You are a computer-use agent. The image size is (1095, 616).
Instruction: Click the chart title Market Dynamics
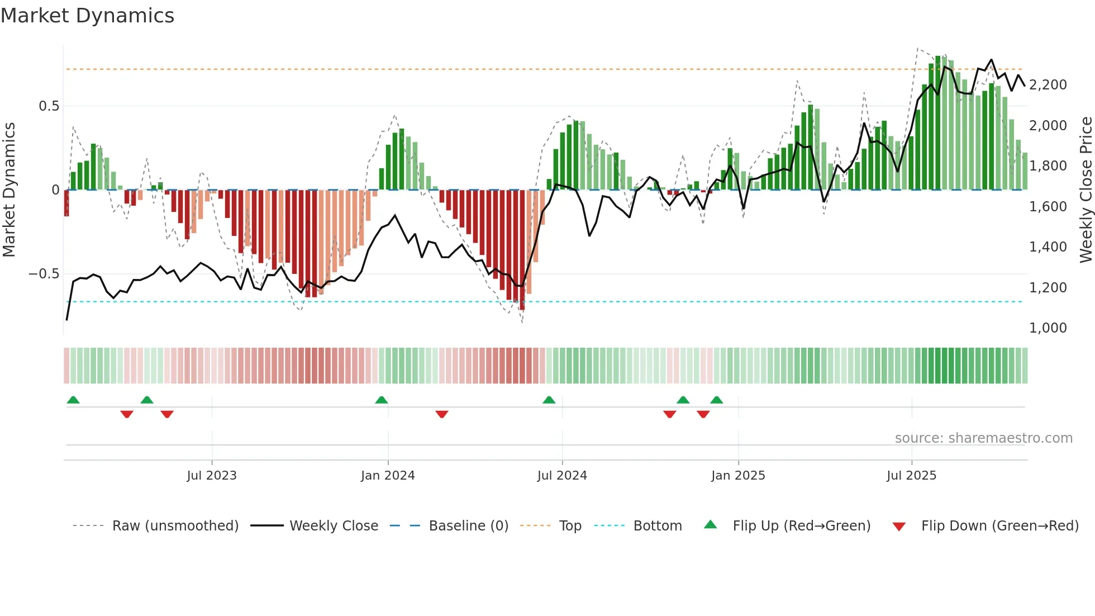point(87,16)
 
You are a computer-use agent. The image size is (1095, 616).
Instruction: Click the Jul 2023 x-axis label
point(212,476)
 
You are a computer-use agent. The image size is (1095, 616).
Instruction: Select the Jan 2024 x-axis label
point(388,476)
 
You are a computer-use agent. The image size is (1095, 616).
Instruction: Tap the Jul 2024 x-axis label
point(562,476)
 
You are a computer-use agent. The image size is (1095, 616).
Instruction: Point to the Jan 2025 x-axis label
point(738,476)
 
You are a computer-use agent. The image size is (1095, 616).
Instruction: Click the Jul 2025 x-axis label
point(911,476)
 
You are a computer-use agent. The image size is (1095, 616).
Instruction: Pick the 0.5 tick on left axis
point(49,106)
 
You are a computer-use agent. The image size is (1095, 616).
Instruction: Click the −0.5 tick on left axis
point(44,274)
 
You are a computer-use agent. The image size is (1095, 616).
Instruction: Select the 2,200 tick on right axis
point(1048,85)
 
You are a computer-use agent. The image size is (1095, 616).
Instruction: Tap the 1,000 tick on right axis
point(1048,328)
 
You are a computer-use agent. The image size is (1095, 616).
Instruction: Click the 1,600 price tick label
point(1048,207)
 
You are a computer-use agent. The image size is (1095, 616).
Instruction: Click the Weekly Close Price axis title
point(1086,190)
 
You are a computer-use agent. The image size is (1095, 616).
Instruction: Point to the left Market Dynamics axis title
point(9,190)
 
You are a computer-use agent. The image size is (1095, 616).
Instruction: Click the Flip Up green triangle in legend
point(710,524)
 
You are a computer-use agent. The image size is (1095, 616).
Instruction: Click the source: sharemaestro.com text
point(983,438)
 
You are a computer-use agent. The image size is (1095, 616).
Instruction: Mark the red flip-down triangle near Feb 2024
point(442,414)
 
